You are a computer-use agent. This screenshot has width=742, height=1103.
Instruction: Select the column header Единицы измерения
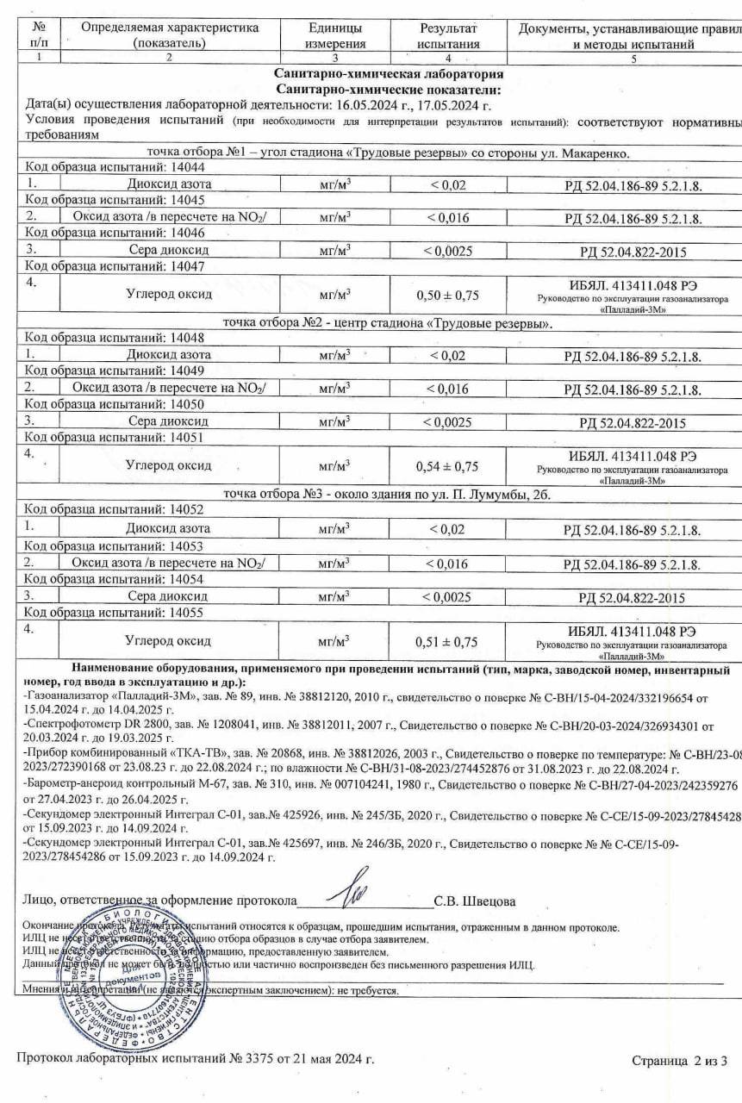334,35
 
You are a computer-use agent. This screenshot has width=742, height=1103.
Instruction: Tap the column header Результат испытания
447,35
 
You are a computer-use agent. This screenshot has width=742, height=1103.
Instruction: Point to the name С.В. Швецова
475,902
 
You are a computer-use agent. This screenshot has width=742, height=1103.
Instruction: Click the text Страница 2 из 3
680,1060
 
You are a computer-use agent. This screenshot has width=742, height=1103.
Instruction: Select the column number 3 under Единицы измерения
334,58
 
